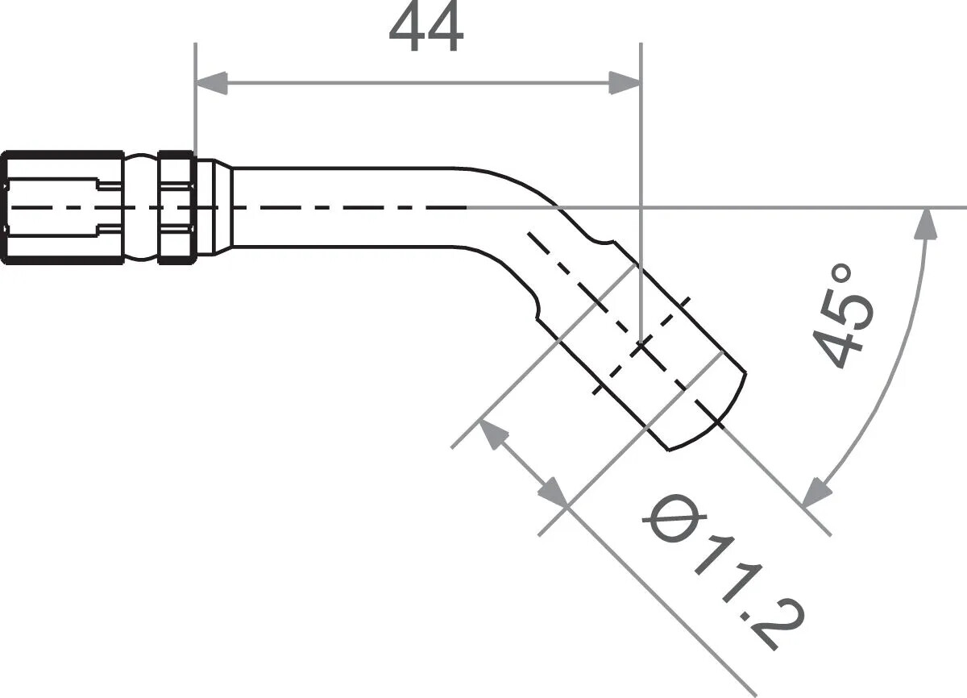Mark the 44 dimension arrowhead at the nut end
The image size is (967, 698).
(211, 82)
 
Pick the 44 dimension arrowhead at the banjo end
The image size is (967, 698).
(624, 82)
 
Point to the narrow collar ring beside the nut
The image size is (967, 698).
(176, 207)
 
